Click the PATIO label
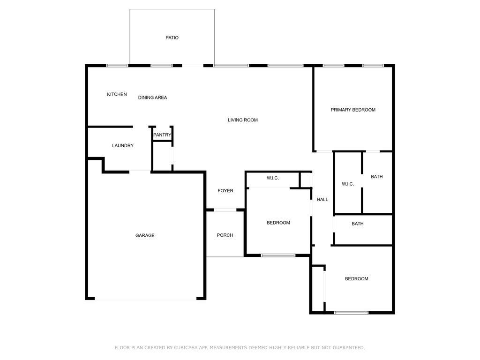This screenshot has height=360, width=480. click(172, 37)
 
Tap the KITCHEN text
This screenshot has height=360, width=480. click(117, 94)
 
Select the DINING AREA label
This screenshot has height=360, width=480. click(152, 97)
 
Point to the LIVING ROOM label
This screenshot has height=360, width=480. click(243, 120)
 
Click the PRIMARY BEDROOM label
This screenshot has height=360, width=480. click(353, 110)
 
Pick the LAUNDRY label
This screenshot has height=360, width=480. click(123, 146)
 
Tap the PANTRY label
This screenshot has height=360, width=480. click(162, 135)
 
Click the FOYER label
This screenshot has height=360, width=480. click(225, 191)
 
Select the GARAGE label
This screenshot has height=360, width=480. click(145, 235)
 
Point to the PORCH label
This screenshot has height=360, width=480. click(225, 235)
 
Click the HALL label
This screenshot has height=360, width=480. click(322, 200)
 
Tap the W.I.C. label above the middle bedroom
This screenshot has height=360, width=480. click(273, 178)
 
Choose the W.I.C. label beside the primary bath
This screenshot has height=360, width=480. click(348, 184)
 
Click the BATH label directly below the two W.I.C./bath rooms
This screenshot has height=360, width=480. click(358, 224)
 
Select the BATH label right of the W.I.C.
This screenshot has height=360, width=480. click(376, 177)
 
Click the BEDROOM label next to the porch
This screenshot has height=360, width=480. click(278, 223)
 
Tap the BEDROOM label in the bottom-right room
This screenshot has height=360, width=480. click(357, 279)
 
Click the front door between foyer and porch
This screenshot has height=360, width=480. click(225, 210)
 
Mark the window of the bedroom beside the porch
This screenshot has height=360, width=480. click(278, 255)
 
